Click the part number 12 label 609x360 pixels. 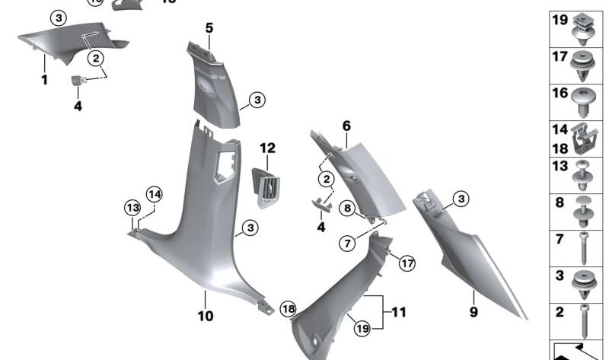coord(267,148)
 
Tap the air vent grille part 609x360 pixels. coord(266,185)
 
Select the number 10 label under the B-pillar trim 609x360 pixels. coord(206,316)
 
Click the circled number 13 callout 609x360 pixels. coord(133,208)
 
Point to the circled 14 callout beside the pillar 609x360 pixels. coord(155,194)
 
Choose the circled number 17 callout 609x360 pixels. coord(407,263)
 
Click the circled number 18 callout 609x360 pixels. coord(287,308)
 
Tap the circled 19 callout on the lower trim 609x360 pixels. coord(362,328)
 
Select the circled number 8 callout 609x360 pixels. coord(346,208)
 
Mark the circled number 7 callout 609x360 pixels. coord(346,244)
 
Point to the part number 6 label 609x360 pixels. coord(346,125)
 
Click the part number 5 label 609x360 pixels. coord(209,29)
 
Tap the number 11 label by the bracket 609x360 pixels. coord(400,312)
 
